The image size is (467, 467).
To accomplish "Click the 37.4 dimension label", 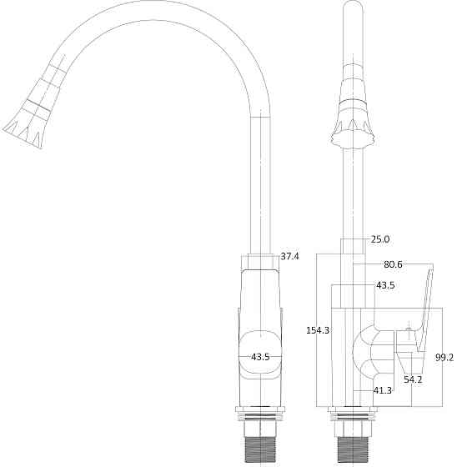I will click(x=290, y=256).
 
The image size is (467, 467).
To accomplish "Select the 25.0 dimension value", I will click(x=380, y=239).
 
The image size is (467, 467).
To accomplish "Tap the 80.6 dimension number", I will click(x=393, y=264).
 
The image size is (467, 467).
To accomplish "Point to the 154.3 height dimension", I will click(x=318, y=330).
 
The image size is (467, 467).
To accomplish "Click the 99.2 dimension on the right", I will click(x=444, y=357).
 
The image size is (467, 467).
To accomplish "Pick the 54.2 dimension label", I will click(x=414, y=379).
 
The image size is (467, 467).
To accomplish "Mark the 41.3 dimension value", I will click(x=383, y=390).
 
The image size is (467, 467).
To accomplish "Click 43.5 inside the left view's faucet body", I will click(x=260, y=357).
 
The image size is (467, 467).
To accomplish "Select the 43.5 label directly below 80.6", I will click(x=385, y=285).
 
